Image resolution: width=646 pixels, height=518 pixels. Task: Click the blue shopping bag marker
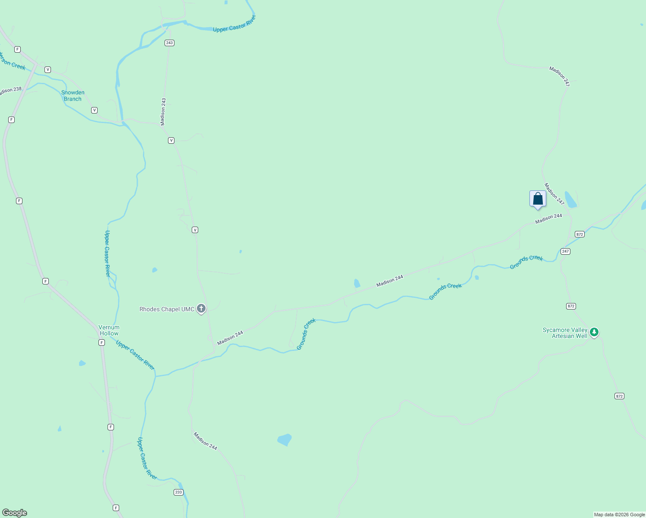click(538, 199)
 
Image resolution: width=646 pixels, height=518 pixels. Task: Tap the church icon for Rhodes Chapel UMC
click(201, 309)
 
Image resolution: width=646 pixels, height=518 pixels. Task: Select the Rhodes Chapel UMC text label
click(167, 309)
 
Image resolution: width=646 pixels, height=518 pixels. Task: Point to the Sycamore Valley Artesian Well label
click(565, 333)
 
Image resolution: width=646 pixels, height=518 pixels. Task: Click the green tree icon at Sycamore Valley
click(594, 332)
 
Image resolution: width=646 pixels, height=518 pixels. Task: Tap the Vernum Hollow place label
click(109, 330)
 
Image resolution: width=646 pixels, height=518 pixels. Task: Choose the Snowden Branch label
click(73, 95)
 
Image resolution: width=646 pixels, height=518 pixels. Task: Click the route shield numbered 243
click(169, 43)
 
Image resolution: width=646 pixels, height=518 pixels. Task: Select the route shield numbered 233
click(179, 492)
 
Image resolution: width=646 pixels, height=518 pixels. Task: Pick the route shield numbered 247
click(565, 251)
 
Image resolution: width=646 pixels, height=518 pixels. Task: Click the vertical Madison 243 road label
click(163, 111)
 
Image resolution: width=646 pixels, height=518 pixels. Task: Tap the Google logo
click(15, 513)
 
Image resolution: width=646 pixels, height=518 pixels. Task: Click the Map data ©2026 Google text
click(619, 515)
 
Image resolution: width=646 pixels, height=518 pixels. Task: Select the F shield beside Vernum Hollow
click(101, 342)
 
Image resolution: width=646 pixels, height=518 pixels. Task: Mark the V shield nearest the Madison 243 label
click(171, 140)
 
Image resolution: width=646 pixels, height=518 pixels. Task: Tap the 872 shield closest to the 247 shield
click(579, 234)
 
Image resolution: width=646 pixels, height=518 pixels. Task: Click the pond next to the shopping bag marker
click(570, 199)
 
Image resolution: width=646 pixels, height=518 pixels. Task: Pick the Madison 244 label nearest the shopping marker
click(548, 219)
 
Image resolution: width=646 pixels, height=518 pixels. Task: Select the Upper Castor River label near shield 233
click(147, 458)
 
